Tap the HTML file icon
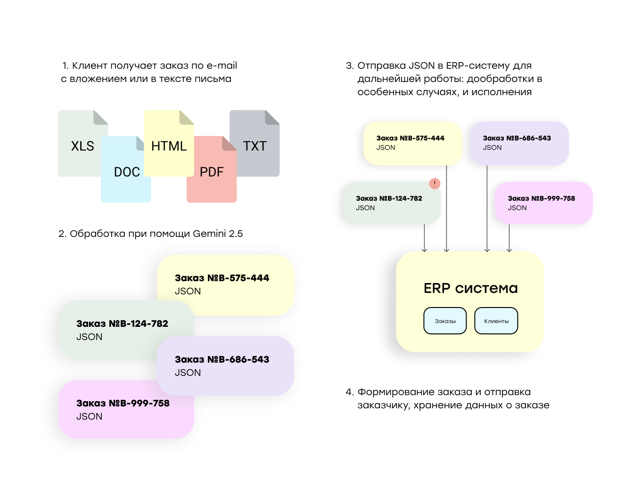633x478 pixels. click(x=169, y=143)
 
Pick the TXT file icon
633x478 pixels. click(x=255, y=143)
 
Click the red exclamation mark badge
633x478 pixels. click(x=434, y=183)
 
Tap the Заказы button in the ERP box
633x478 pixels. click(x=444, y=321)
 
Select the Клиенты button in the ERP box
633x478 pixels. click(x=496, y=321)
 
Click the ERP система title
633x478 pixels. click(x=470, y=288)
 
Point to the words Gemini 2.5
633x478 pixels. click(x=217, y=234)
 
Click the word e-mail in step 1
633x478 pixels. click(x=222, y=65)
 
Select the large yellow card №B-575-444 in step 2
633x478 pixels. click(x=225, y=284)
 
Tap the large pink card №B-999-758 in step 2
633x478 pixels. click(x=126, y=409)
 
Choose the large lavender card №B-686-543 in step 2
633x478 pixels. click(x=225, y=365)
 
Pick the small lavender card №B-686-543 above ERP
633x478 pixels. click(x=519, y=143)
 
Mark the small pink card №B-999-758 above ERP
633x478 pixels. click(x=543, y=203)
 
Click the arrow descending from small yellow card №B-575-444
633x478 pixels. click(x=446, y=208)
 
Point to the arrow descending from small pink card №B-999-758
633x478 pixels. click(x=509, y=238)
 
